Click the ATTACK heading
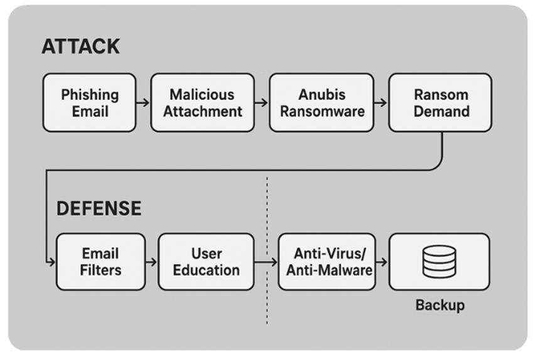81,46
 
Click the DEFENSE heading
99,208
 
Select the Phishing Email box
89,102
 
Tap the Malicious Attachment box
203,102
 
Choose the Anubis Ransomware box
321,102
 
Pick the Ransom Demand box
440,102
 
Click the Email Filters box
101,262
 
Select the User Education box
206,262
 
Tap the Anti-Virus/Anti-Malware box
327,262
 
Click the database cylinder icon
439,262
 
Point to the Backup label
440,305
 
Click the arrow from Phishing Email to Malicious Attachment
143,102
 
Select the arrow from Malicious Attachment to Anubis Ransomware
262,102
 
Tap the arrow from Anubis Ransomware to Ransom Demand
380,102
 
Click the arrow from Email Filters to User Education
151,262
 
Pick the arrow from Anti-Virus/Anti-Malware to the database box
382,262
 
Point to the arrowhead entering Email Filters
52,262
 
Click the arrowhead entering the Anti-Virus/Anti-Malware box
274,262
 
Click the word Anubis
322,95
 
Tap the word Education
207,270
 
